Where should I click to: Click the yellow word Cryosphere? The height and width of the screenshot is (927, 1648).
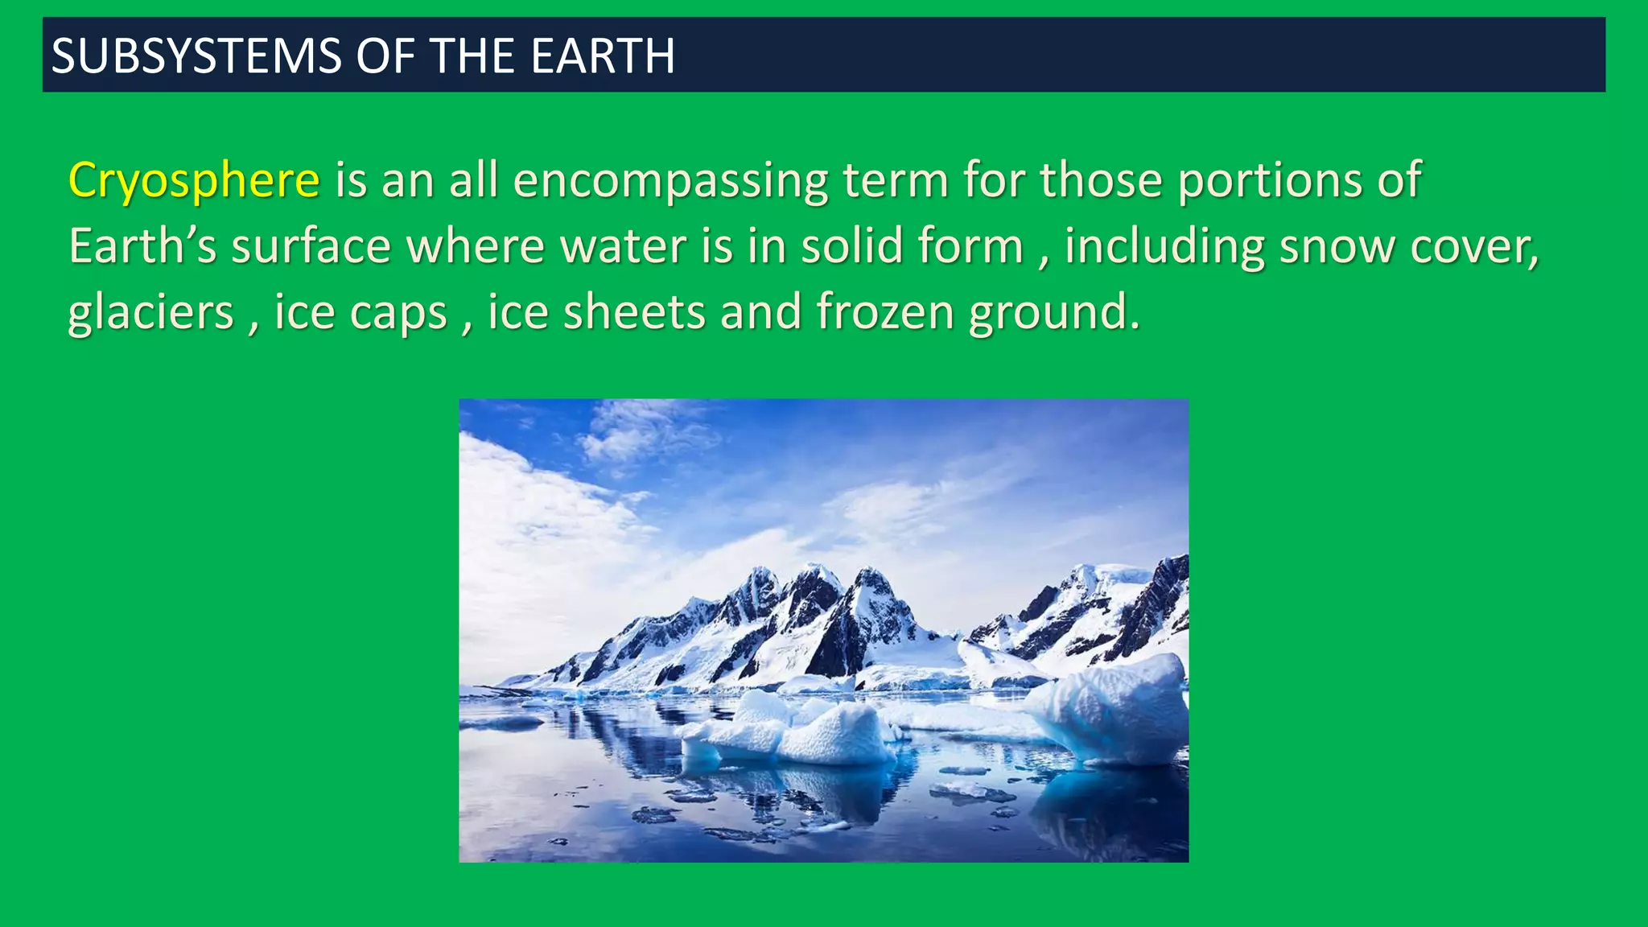[194, 180]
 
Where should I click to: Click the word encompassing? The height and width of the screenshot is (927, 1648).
[670, 180]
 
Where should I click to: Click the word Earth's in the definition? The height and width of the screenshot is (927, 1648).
[142, 246]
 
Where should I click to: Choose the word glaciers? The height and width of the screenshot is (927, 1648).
[150, 312]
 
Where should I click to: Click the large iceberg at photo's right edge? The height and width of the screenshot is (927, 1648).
[1119, 708]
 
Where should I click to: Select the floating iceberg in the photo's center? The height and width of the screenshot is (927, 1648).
[805, 728]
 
